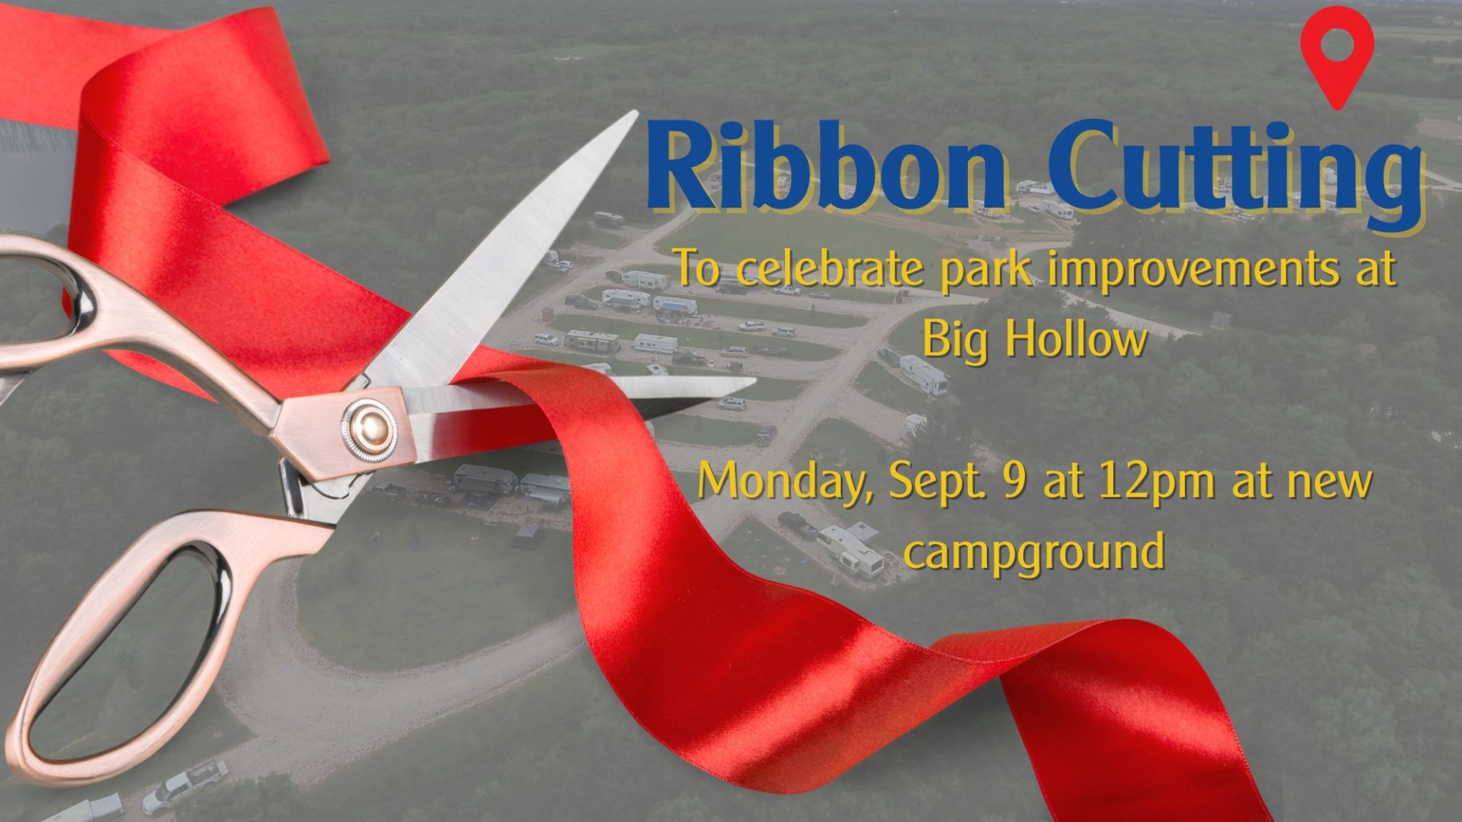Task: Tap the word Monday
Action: [x=787, y=482]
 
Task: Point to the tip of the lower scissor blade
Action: [x=752, y=381]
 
